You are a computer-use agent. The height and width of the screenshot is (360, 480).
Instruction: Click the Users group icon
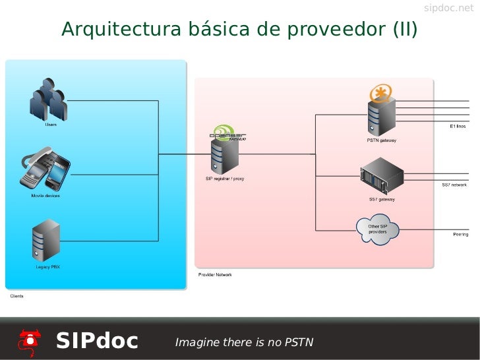click(x=48, y=100)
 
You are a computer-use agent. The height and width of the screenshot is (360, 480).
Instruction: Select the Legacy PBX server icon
click(x=46, y=240)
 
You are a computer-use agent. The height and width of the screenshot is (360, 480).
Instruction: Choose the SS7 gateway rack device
click(x=382, y=175)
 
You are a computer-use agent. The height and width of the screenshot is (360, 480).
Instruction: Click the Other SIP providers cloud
click(x=377, y=230)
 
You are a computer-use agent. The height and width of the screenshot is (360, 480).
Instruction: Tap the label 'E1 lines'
click(x=458, y=126)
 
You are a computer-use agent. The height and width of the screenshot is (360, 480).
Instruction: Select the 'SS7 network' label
click(x=454, y=185)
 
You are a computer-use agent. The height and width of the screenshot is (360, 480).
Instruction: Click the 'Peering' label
click(x=460, y=234)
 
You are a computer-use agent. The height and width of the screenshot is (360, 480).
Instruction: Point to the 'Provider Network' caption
click(x=215, y=274)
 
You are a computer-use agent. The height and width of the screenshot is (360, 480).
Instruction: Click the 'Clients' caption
click(x=16, y=296)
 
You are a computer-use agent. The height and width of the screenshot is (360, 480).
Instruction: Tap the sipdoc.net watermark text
click(x=448, y=9)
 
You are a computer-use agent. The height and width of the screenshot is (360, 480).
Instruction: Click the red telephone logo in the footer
click(x=30, y=341)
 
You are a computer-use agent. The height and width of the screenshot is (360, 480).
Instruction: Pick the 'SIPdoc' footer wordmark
click(x=97, y=341)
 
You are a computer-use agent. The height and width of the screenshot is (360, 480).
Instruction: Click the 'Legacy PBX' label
click(x=47, y=266)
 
